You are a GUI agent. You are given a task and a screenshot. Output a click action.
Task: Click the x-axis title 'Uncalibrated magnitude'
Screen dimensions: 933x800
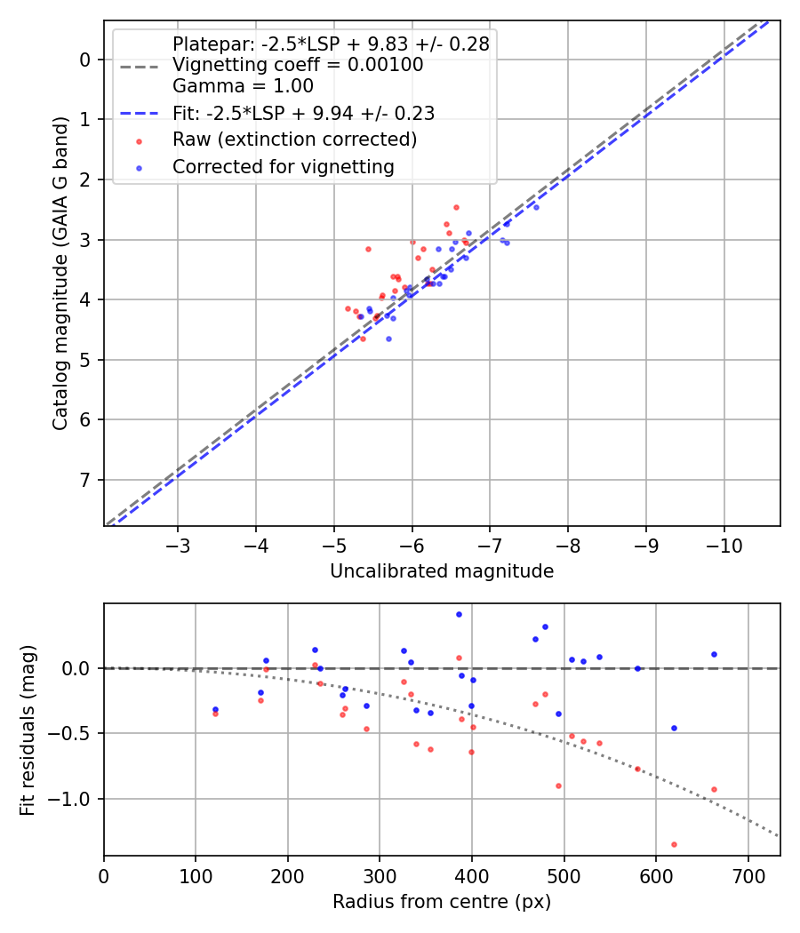[x=442, y=571]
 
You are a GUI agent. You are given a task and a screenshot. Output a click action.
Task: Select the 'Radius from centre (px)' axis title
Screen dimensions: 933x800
[x=442, y=902]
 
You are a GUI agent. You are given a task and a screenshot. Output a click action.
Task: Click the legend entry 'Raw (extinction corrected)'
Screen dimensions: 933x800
[x=294, y=140]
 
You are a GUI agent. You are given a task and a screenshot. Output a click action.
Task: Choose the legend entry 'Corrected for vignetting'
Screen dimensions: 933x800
[x=284, y=166]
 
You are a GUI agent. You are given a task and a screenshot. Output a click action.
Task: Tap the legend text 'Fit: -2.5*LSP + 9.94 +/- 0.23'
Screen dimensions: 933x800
[x=303, y=113]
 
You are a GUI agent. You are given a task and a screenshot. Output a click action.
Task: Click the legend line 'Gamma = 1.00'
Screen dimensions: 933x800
[x=243, y=86]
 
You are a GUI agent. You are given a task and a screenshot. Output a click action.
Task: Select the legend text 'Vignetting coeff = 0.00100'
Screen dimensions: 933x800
[x=298, y=65]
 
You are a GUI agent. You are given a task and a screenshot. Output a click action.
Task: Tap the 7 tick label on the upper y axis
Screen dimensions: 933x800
[x=85, y=480]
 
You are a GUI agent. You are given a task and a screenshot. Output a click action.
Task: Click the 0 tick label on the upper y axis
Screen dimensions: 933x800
[x=85, y=60]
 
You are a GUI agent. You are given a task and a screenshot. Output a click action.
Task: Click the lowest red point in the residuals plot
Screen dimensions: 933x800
[x=674, y=844]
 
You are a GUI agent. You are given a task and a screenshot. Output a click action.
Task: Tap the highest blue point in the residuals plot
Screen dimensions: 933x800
[x=459, y=614]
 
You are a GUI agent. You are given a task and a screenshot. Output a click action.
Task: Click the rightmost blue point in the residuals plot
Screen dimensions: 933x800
[x=714, y=654]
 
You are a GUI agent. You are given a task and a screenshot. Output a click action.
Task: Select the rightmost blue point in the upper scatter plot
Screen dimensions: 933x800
[x=536, y=207]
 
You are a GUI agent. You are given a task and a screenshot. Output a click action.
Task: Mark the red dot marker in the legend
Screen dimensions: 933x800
[x=138, y=140]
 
